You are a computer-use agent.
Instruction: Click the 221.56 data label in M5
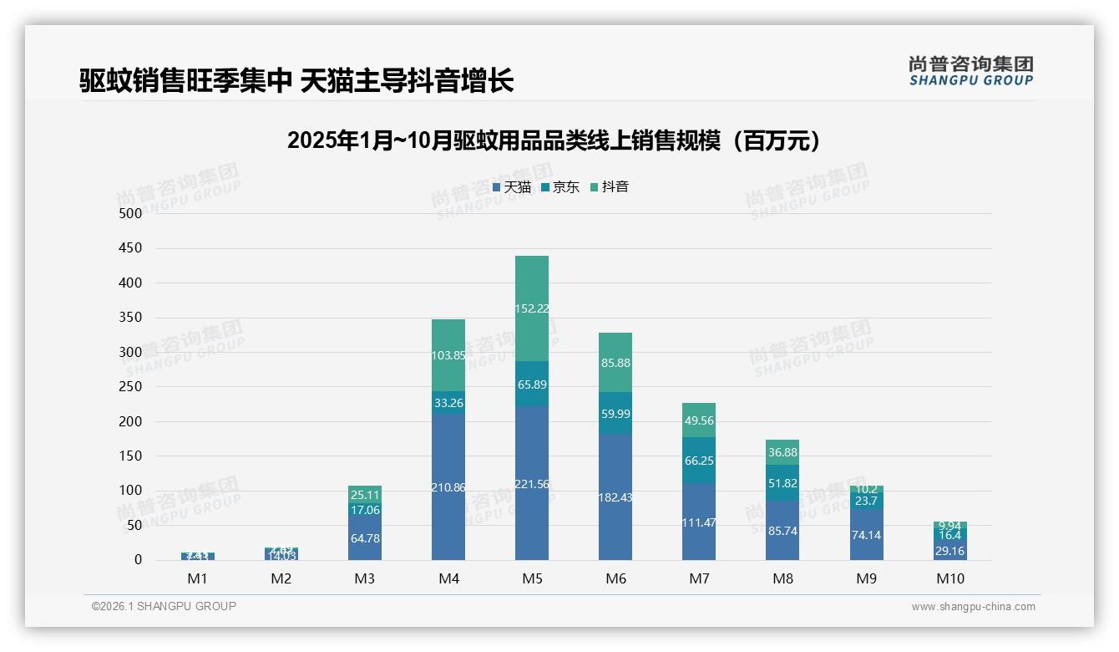[532, 484]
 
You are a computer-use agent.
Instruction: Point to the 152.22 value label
[532, 308]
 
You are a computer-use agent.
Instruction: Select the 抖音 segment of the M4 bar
[448, 355]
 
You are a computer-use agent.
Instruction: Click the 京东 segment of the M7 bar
[699, 461]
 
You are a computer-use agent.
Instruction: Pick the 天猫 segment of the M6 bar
[615, 497]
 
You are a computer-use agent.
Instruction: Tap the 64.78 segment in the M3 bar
[365, 537]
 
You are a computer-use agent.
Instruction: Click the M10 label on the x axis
[949, 578]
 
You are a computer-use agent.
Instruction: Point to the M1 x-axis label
[198, 578]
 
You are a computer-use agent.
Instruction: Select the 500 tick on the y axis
[131, 214]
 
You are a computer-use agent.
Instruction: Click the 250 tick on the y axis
[131, 387]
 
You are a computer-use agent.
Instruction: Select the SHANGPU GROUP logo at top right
[970, 71]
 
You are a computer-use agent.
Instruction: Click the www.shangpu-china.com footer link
[973, 607]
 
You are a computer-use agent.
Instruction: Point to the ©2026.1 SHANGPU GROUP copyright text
[164, 606]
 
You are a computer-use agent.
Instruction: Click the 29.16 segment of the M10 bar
[949, 551]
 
